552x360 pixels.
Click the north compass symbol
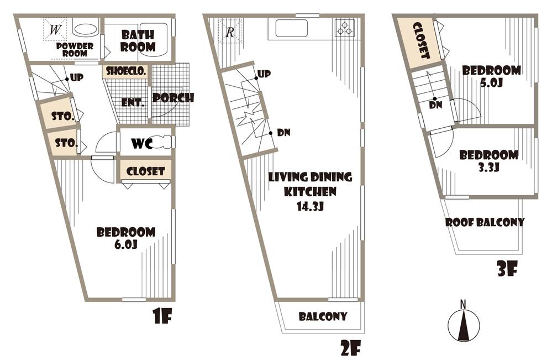[x=464, y=322]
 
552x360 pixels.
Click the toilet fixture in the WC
[x=164, y=142]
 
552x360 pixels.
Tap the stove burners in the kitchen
[x=345, y=28]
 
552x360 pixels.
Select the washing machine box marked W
[x=55, y=30]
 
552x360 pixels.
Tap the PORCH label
[x=173, y=98]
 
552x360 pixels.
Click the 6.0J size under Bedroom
[x=125, y=244]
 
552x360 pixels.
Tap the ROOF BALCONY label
[x=485, y=222]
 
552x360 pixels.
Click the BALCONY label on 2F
[x=323, y=316]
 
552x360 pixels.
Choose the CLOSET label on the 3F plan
[x=422, y=40]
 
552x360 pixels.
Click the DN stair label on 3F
[x=436, y=105]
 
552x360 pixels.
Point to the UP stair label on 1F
[x=77, y=78]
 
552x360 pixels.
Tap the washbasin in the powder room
[x=85, y=29]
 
